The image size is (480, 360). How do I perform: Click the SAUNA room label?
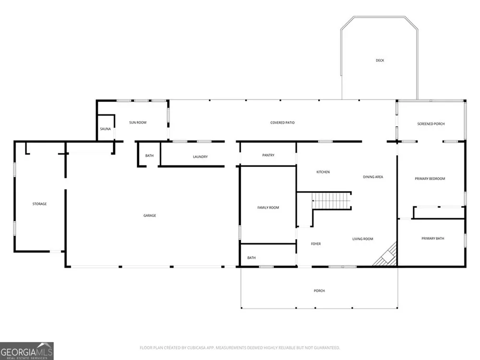click(x=105, y=129)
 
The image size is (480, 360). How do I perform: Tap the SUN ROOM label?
click(x=138, y=122)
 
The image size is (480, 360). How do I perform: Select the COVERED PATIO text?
click(x=282, y=122)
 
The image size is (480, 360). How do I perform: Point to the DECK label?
click(x=380, y=60)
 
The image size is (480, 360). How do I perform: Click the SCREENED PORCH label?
click(x=431, y=124)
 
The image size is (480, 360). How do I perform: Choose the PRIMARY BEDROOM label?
click(x=430, y=179)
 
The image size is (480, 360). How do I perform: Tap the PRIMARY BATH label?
click(x=432, y=238)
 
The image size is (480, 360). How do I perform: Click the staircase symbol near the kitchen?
click(x=332, y=201)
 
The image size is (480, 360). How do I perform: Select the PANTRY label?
click(x=268, y=155)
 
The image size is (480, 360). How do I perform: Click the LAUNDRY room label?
click(x=200, y=157)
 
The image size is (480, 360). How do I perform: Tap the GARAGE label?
click(x=150, y=216)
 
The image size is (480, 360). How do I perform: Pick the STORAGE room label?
click(x=39, y=204)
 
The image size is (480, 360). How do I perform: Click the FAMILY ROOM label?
click(x=268, y=207)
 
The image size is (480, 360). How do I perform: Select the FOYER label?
click(x=316, y=244)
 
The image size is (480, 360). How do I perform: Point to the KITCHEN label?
click(x=323, y=172)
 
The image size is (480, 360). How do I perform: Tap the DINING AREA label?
click(x=373, y=177)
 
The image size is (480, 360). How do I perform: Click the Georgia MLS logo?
click(x=26, y=351)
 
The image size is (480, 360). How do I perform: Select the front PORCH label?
click(x=319, y=290)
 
